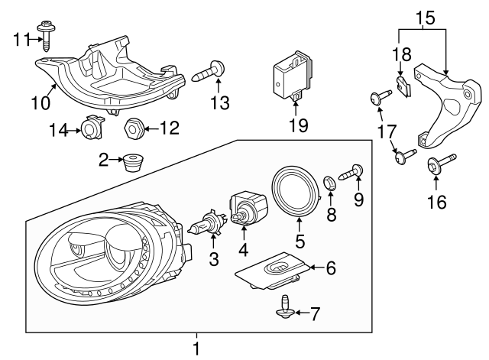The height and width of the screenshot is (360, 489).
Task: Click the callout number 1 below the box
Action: click(x=196, y=349)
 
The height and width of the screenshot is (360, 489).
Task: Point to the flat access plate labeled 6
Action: click(x=277, y=271)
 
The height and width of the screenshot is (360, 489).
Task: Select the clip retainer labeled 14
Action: click(x=92, y=131)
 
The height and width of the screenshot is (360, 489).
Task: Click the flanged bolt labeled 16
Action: click(x=441, y=163)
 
